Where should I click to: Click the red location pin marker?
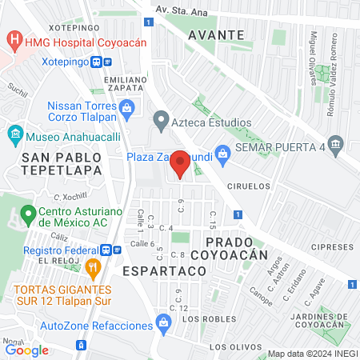click(181, 164)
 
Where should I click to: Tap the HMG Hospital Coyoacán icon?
click(14, 38)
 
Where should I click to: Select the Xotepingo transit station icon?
click(101, 61)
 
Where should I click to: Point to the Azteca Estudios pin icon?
click(160, 122)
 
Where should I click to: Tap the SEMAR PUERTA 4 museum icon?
click(336, 146)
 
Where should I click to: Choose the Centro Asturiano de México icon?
click(30, 214)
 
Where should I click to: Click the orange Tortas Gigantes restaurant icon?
click(94, 267)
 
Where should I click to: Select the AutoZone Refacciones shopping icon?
click(164, 325)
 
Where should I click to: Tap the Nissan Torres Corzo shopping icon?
click(126, 106)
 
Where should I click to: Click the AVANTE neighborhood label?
click(216, 35)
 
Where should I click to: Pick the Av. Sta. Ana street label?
click(181, 10)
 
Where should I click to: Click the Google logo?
click(26, 350)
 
